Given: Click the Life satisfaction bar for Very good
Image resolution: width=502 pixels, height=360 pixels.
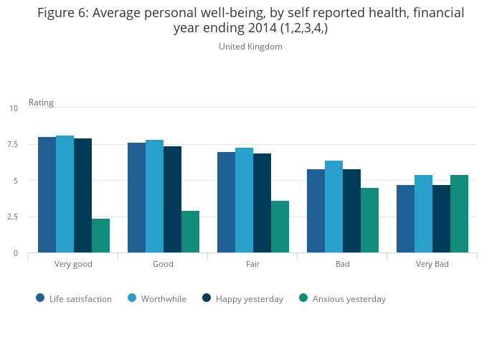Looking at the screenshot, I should click(x=47, y=194).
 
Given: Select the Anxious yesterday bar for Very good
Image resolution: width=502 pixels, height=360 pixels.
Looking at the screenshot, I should click(x=100, y=236).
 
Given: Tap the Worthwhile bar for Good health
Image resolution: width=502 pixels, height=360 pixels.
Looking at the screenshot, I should click(x=154, y=196).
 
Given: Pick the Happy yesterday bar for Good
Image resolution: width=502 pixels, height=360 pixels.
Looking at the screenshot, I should click(x=172, y=199).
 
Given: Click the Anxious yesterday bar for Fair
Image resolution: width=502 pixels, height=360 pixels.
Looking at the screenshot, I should click(x=280, y=227).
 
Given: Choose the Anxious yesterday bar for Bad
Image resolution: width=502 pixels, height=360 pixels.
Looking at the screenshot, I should click(x=369, y=220).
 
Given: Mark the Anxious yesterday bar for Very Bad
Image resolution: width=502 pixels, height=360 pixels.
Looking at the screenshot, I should click(x=459, y=214).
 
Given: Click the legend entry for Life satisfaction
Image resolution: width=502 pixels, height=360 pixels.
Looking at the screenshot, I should click(x=74, y=299).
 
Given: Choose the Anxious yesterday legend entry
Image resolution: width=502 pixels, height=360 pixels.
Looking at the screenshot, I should click(x=342, y=299).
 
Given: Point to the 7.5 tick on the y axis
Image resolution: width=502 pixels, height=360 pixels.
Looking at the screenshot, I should click(x=14, y=145).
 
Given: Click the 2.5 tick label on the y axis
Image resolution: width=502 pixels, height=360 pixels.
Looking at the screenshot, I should click(x=14, y=217).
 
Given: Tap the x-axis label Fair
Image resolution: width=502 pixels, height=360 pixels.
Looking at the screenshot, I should click(x=252, y=264).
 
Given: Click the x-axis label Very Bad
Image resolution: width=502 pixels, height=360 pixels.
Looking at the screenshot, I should click(x=432, y=264).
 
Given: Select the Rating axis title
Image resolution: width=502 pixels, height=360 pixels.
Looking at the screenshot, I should click(x=41, y=103).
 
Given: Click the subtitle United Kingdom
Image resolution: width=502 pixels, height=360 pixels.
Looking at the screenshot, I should click(x=250, y=47).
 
